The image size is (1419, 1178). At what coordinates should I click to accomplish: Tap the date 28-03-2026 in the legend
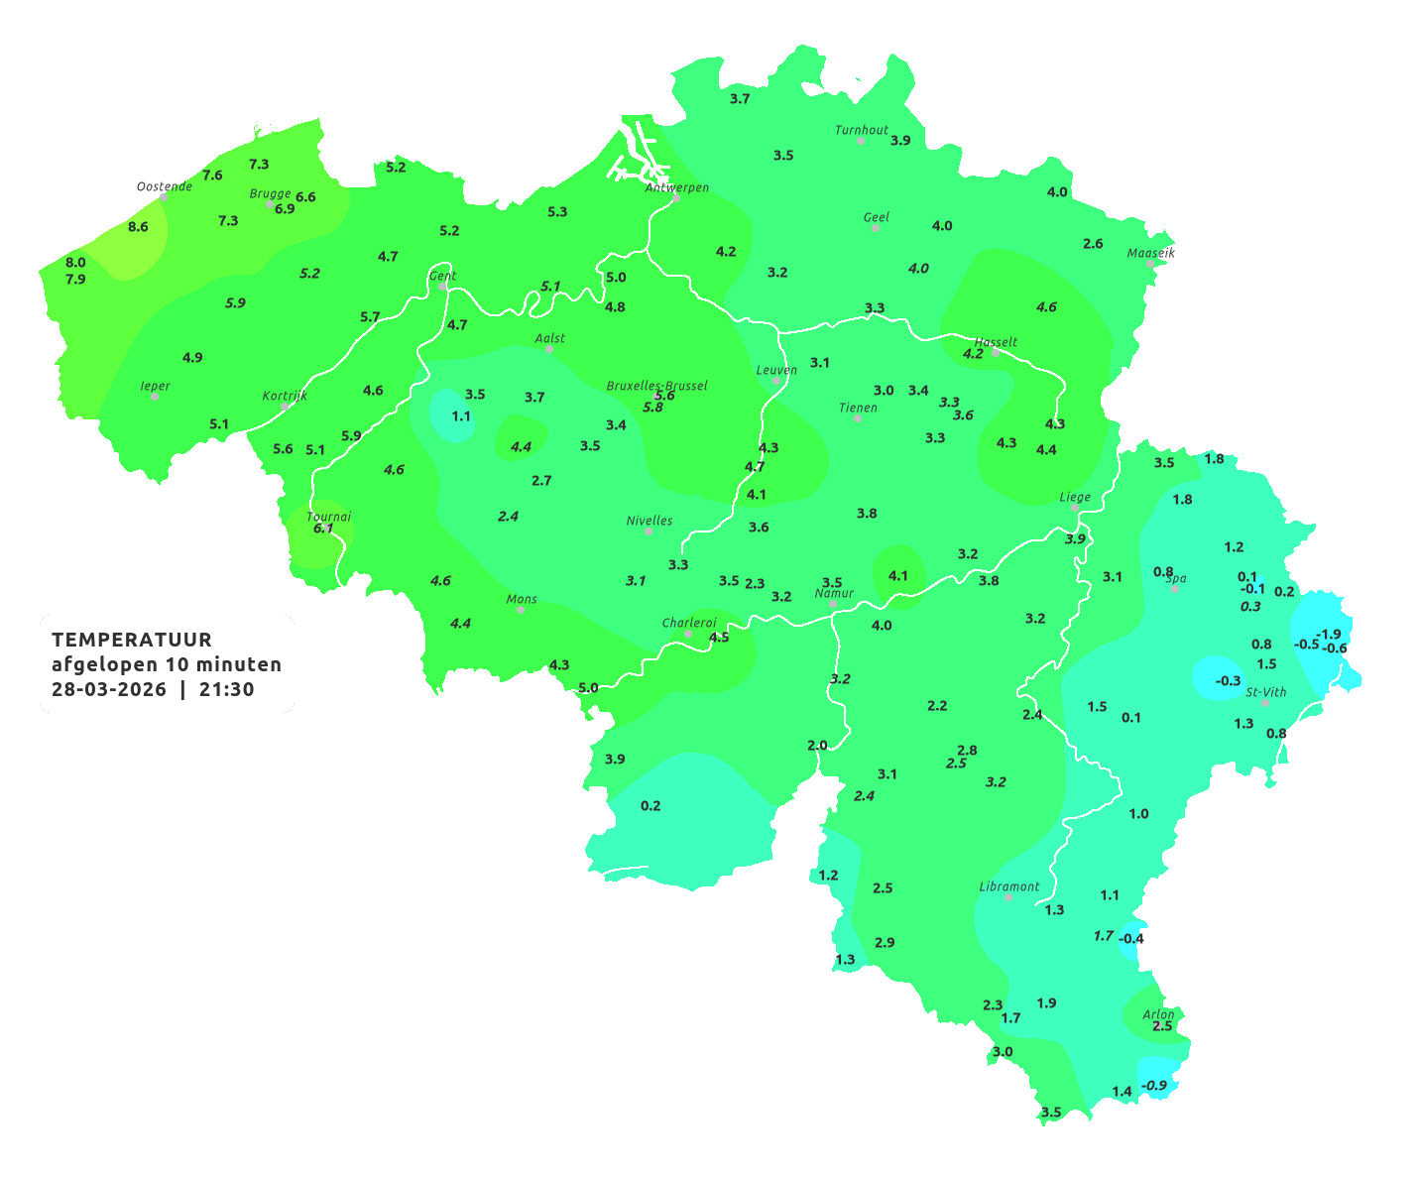[109, 689]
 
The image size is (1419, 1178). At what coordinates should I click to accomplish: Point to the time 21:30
[227, 689]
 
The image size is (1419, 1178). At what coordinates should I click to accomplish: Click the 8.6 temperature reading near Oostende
[138, 227]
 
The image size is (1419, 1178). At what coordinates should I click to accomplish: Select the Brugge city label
[271, 194]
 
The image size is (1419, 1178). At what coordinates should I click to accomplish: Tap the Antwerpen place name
[677, 186]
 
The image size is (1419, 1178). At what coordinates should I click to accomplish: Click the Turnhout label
[862, 130]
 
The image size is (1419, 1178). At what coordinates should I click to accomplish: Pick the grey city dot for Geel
[876, 228]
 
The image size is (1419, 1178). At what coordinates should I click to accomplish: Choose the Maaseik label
[1150, 253]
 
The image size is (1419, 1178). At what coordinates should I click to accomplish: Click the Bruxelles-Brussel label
[657, 385]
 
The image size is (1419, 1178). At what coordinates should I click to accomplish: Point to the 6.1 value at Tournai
[323, 529]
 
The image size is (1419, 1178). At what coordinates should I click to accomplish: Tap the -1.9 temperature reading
[1328, 635]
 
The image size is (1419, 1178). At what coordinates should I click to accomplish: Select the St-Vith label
[1266, 692]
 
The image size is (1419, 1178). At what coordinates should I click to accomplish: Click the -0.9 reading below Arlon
[1154, 1086]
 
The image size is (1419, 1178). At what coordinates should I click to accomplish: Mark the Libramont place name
[1009, 886]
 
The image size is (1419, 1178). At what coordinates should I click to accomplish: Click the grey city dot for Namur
[833, 604]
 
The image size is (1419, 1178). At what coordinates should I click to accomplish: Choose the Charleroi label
[689, 623]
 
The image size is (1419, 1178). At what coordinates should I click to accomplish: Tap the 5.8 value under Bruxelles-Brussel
[652, 408]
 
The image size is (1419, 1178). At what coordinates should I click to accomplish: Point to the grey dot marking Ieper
[155, 397]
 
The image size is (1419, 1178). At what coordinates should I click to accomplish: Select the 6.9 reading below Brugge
[285, 209]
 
